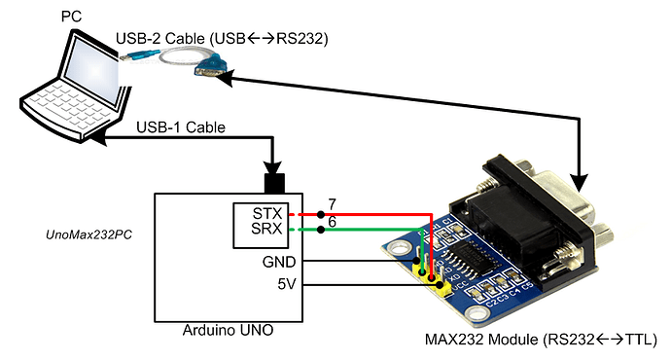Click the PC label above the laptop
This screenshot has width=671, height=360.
(x=70, y=17)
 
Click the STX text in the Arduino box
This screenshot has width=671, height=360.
(x=266, y=213)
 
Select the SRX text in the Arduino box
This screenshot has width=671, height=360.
(x=266, y=231)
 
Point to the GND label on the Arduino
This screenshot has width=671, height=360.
(x=280, y=262)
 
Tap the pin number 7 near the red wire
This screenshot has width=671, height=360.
(x=332, y=203)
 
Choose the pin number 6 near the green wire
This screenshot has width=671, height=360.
(x=332, y=223)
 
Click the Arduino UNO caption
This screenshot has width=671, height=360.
(x=228, y=331)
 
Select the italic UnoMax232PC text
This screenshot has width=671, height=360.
(x=88, y=235)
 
